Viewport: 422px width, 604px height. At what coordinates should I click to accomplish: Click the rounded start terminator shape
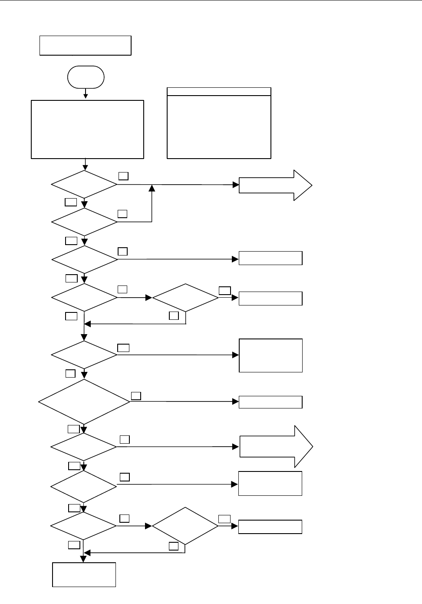(86, 77)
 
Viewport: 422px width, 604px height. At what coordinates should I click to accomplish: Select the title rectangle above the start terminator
(85, 46)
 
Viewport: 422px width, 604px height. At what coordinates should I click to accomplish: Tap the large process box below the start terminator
(87, 129)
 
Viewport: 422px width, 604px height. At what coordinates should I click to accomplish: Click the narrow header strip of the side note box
(219, 92)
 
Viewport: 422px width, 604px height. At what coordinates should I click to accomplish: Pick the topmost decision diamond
(84, 185)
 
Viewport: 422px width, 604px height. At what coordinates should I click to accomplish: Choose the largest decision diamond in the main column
(84, 402)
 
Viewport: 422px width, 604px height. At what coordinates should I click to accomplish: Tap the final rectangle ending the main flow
(84, 574)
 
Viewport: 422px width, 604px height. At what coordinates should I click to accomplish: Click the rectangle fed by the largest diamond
(270, 402)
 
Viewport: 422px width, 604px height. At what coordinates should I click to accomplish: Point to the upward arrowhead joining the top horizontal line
(152, 188)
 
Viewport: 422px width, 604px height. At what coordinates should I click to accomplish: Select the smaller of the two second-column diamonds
(185, 298)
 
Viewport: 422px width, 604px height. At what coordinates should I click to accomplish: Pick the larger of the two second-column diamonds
(185, 526)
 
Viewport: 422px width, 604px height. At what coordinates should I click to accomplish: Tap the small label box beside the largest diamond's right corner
(136, 395)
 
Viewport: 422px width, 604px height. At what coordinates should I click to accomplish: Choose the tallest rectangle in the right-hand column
(270, 355)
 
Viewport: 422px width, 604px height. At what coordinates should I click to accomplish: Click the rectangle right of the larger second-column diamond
(270, 527)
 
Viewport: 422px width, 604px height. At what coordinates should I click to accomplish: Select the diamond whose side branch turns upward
(84, 222)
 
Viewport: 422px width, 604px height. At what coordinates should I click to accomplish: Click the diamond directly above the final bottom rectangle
(83, 526)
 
